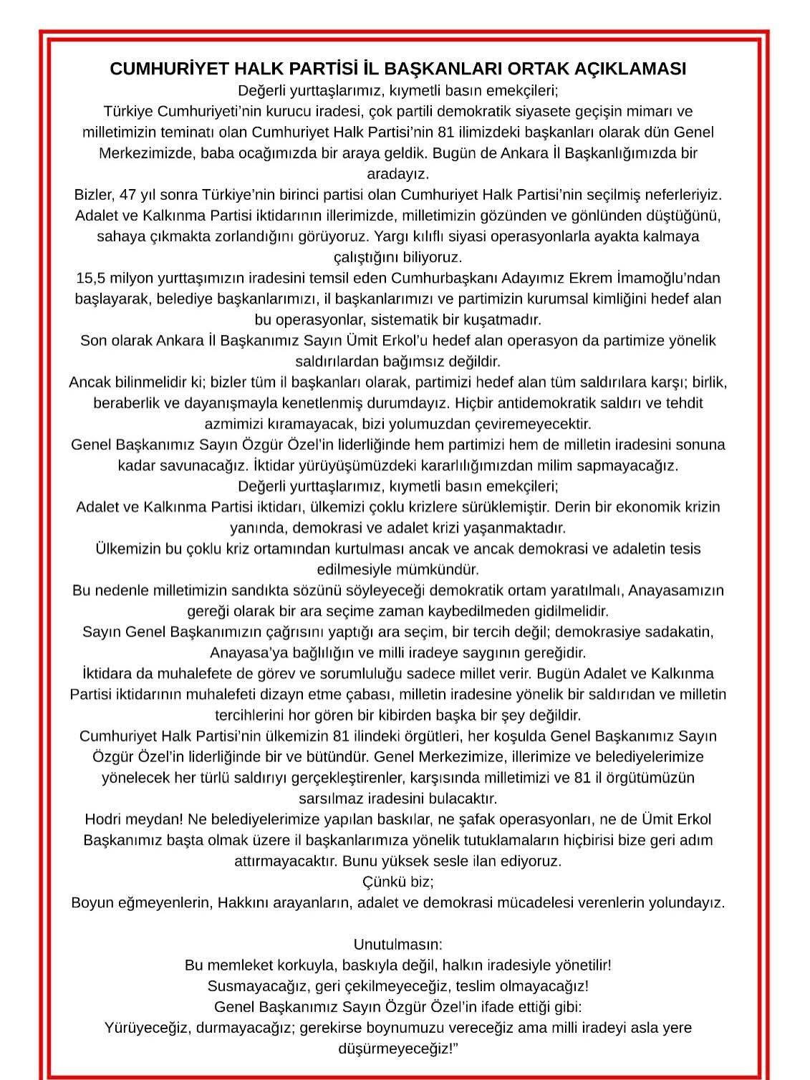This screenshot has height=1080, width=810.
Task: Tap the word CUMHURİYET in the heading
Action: (153, 69)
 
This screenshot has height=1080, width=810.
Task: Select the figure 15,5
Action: (92, 278)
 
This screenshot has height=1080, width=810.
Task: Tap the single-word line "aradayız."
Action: (397, 174)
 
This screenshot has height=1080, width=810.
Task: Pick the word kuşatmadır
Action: (508, 319)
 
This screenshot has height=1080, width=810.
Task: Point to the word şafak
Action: (471, 819)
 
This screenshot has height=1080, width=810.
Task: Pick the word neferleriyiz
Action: (679, 195)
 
